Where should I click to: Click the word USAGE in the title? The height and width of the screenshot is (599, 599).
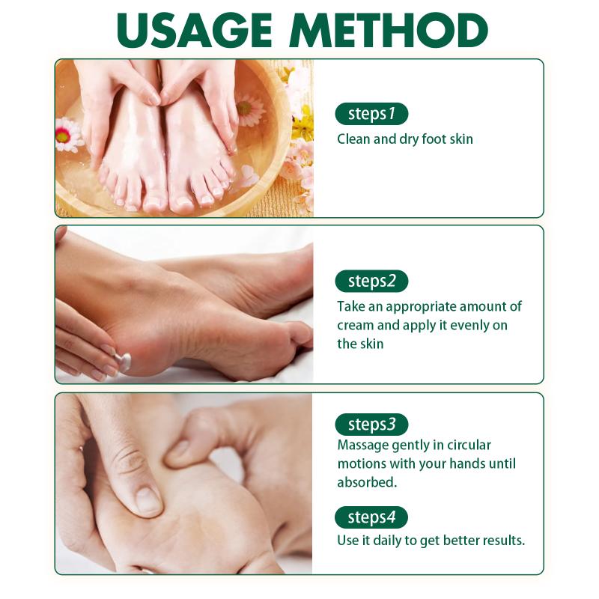(x=195, y=30)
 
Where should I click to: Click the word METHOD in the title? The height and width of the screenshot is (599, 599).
(x=389, y=30)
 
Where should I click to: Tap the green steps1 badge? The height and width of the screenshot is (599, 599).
(x=371, y=114)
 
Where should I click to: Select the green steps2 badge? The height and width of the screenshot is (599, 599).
(x=371, y=282)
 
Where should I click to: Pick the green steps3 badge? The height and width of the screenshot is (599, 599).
(x=371, y=425)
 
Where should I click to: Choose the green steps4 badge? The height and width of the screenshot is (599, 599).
(x=371, y=517)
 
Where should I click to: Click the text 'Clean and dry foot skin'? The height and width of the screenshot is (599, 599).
(x=405, y=139)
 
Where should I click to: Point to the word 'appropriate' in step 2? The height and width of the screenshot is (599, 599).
(x=421, y=307)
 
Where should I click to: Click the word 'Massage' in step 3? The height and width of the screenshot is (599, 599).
(x=362, y=446)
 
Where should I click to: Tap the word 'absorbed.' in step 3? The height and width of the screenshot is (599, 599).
(x=367, y=482)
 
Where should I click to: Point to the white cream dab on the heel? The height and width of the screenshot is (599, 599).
(x=124, y=360)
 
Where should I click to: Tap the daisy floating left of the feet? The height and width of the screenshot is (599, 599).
(x=67, y=135)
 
